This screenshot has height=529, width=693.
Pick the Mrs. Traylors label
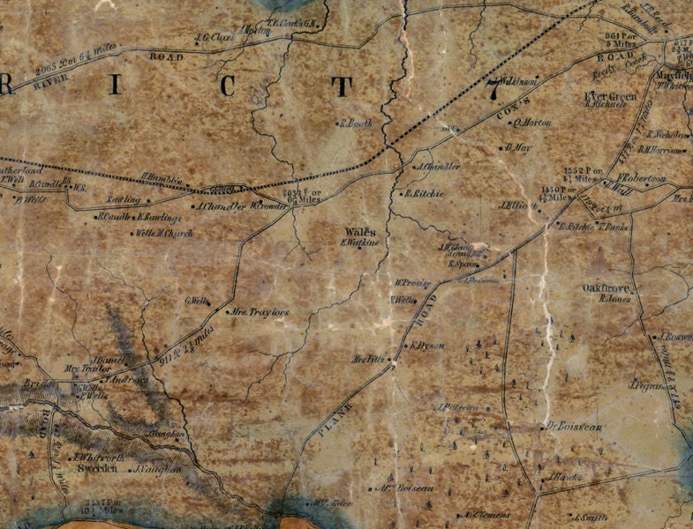[x=260, y=312]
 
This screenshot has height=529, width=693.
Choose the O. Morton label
[x=532, y=123]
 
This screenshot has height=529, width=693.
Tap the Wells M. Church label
[x=163, y=234]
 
